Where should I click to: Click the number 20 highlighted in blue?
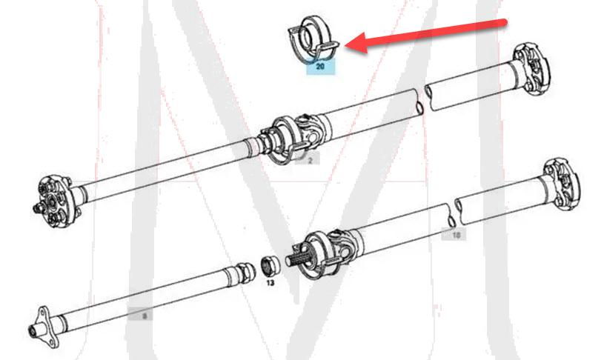click(x=320, y=67)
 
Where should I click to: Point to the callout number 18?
click(x=456, y=234)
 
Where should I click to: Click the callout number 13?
click(x=271, y=282)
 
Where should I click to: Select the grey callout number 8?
click(x=145, y=316)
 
